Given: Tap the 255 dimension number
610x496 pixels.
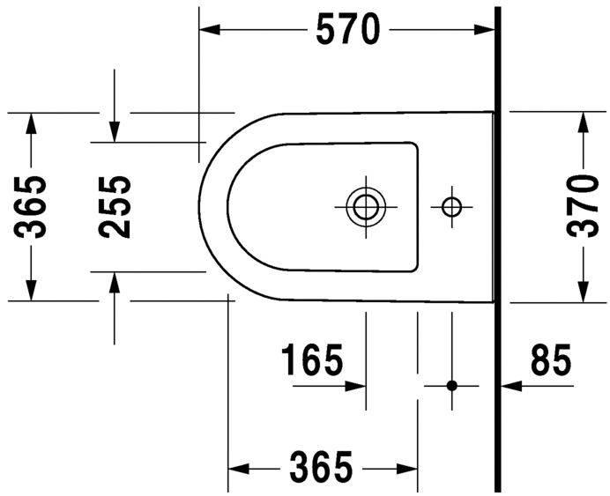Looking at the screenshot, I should (115, 207).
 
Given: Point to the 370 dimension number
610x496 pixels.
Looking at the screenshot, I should (583, 207).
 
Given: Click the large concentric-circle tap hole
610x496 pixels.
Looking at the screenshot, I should (363, 208).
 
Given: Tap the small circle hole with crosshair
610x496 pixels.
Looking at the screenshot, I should (451, 208).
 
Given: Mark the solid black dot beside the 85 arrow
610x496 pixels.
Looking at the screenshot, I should (452, 386).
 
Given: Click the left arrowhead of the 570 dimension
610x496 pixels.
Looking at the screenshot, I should (208, 30).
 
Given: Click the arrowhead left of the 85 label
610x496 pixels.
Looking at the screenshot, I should (510, 386).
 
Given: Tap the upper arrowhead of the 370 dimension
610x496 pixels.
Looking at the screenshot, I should (583, 122).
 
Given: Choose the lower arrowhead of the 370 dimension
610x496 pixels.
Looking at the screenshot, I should (583, 292).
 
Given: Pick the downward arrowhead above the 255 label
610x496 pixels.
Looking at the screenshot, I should (115, 131).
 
